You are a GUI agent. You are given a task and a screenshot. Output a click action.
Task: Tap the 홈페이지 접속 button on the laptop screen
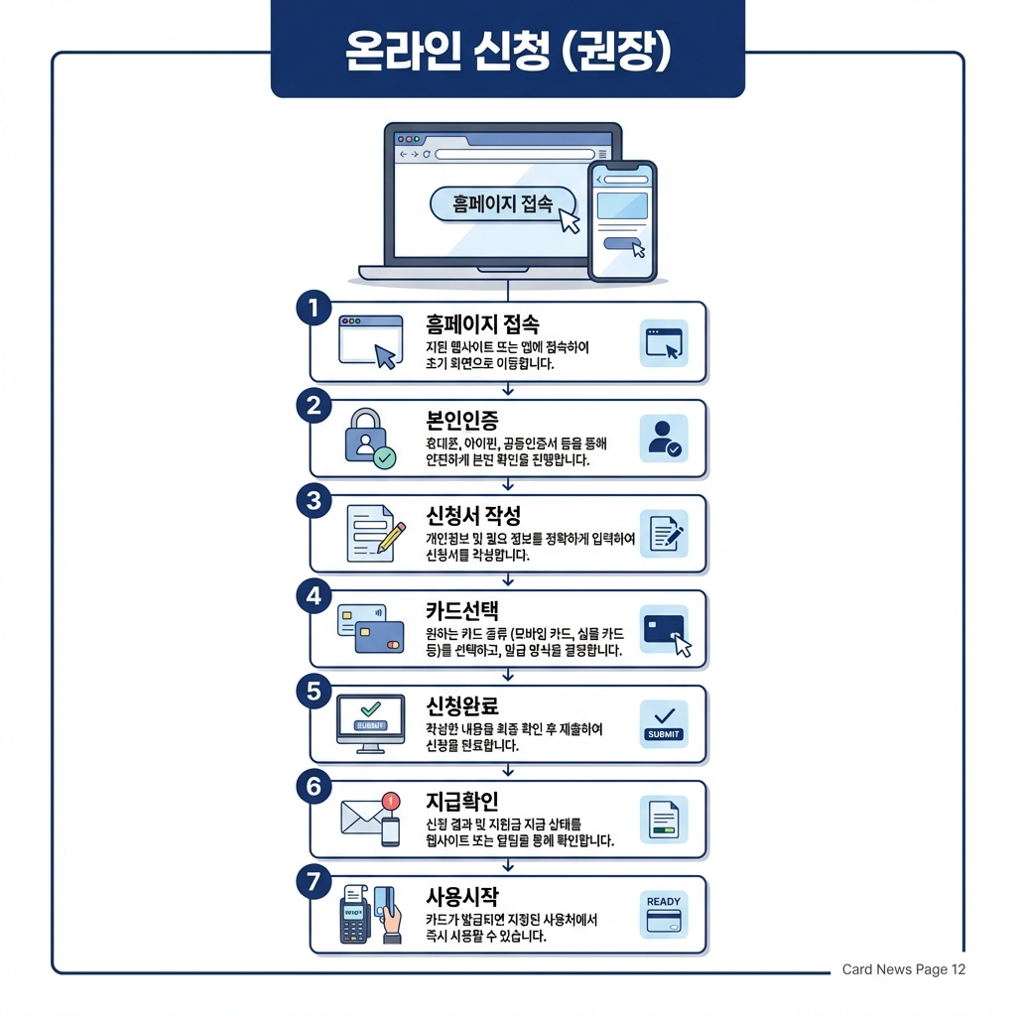[503, 203]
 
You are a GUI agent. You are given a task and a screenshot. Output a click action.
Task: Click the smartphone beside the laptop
[622, 220]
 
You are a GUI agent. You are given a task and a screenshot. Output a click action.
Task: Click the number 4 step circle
[314, 596]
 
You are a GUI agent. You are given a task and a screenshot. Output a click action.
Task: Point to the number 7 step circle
[314, 882]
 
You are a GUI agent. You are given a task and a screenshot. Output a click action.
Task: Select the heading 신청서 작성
[472, 515]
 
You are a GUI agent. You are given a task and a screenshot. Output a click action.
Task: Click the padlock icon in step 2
[365, 437]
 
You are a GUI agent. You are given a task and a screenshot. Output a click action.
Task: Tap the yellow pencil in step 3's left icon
[391, 534]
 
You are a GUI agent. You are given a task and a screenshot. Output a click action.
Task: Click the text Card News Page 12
[903, 969]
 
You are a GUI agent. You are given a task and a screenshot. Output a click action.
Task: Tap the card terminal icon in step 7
[354, 917]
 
